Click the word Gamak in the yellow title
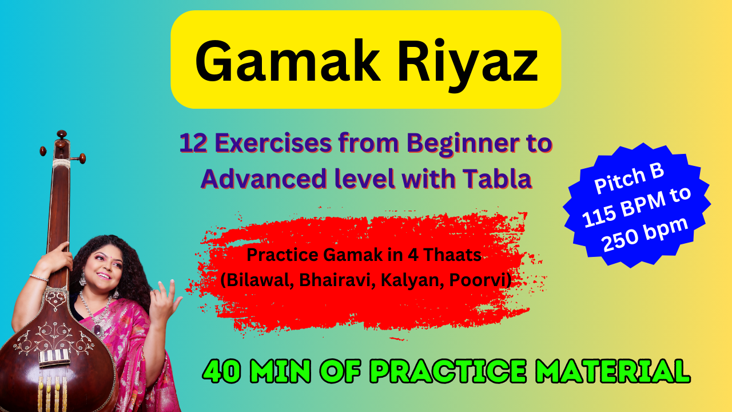(287, 61)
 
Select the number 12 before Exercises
(193, 143)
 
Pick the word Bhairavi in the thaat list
(337, 280)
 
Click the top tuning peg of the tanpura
(61, 134)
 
